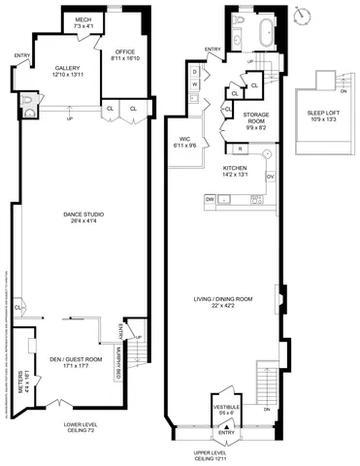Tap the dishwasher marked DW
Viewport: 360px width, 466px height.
tap(209, 199)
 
